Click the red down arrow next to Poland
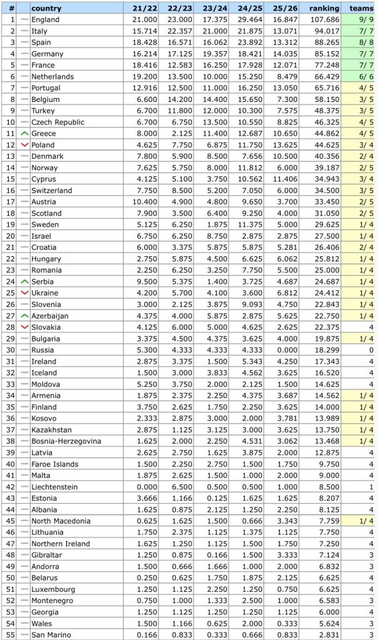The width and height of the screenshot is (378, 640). pyautogui.click(x=24, y=145)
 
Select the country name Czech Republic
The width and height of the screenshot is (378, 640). pyautogui.click(x=56, y=122)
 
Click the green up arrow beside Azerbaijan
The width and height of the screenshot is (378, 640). pyautogui.click(x=24, y=316)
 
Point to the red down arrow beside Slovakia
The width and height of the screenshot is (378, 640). pyautogui.click(x=24, y=327)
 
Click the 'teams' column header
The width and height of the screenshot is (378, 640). pyautogui.click(x=361, y=8)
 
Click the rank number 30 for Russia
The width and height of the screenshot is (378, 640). pyautogui.click(x=10, y=350)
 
